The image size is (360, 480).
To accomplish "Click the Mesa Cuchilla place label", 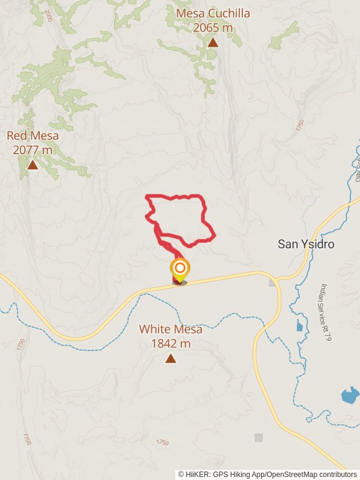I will coord(213,14).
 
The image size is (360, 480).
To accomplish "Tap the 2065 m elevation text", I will coord(213,27).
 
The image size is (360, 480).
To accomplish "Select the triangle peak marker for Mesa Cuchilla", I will coord(213,43).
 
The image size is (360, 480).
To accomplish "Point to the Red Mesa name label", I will coord(33,136).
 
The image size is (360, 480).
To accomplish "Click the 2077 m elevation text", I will coord(33,149).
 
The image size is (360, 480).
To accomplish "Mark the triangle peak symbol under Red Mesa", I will coord(32,164).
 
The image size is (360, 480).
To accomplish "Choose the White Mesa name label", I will coord(171,329).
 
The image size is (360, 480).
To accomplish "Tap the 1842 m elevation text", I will coord(171,344).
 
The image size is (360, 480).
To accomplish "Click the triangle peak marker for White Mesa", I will coord(171,359).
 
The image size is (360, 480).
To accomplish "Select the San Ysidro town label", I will coord(306,244).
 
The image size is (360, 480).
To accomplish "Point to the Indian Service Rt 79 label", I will coord(326,313).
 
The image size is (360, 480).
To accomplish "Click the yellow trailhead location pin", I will coord(179,269).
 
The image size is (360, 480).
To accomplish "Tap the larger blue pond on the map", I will coord(350,395).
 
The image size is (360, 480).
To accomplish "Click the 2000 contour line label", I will coord(48,16).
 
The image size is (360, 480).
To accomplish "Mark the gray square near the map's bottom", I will coord(259,437).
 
